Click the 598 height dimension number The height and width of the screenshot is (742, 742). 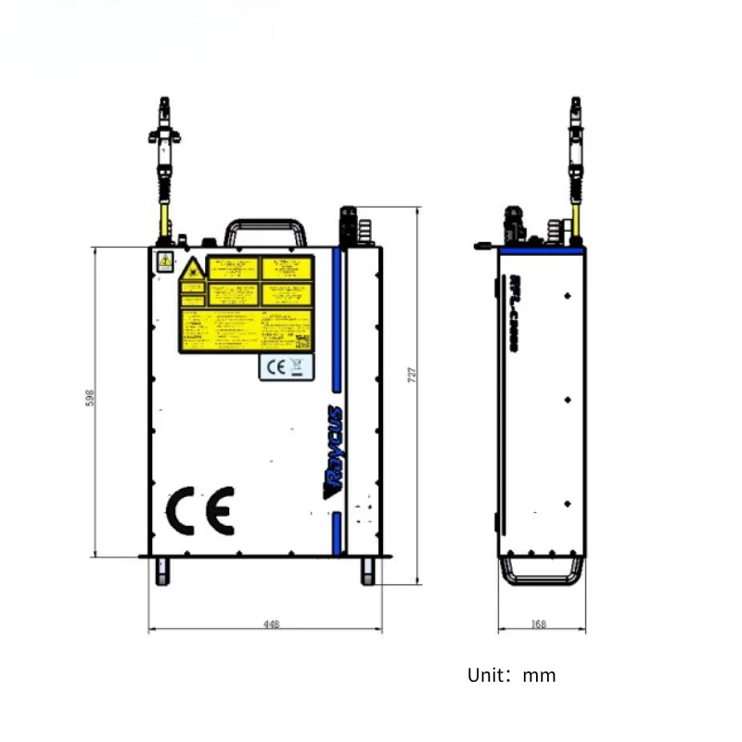pos(90,396)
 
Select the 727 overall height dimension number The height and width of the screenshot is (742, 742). pos(413,374)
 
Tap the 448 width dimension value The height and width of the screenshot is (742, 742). pos(271,624)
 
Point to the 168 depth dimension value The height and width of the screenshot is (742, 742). pos(539,624)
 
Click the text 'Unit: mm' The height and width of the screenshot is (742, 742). pos(511,675)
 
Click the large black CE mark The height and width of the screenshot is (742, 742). pos(199,509)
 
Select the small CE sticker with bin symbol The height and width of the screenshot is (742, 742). pos(285,366)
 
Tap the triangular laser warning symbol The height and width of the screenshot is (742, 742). pos(192,270)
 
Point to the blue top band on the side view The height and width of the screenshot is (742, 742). pos(542,250)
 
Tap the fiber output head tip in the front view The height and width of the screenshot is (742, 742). pos(164,102)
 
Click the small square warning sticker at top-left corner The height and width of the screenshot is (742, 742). pos(164,262)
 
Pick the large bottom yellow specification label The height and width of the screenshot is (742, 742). pos(245,330)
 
